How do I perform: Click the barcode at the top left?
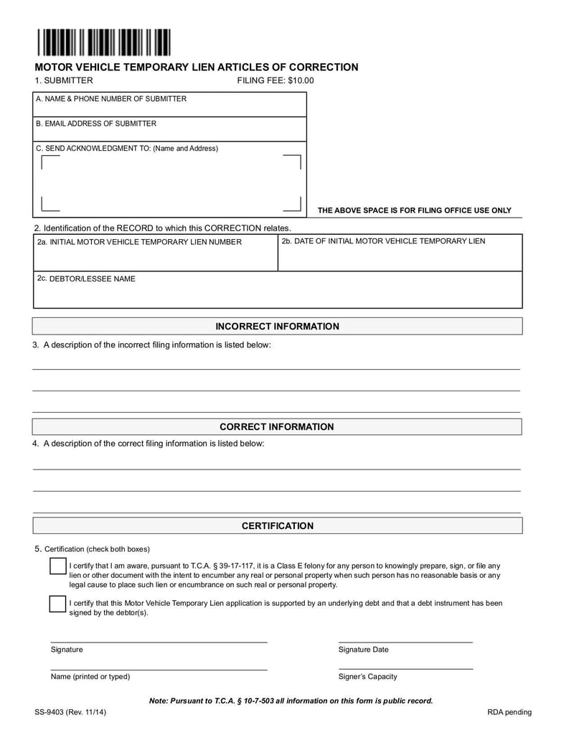[105, 42]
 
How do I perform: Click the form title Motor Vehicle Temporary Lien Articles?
[197, 67]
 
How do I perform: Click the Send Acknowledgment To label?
[127, 149]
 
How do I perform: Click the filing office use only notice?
[414, 210]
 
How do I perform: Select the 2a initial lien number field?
[155, 253]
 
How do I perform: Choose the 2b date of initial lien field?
[400, 253]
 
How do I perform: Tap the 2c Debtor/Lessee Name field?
[277, 290]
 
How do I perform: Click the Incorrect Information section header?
[277, 327]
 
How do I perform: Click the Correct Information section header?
[277, 427]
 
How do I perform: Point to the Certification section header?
[277, 526]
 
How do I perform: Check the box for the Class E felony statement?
[58, 566]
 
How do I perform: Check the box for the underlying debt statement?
[58, 604]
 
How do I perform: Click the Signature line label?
[67, 650]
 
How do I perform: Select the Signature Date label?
[363, 650]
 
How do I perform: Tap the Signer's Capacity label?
[367, 676]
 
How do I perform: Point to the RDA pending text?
[509, 712]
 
